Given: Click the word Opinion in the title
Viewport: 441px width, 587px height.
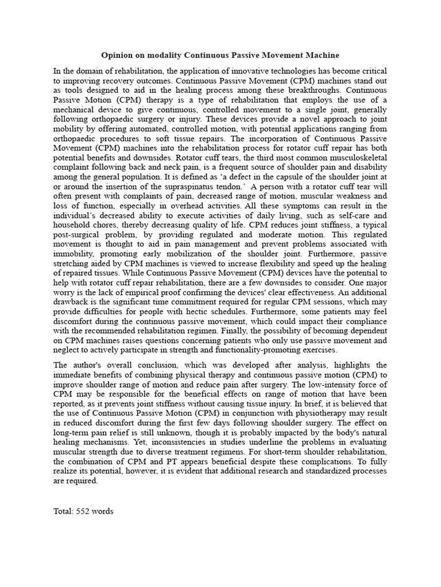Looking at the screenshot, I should [x=117, y=55].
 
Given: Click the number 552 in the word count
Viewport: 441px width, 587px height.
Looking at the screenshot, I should [x=83, y=511].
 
